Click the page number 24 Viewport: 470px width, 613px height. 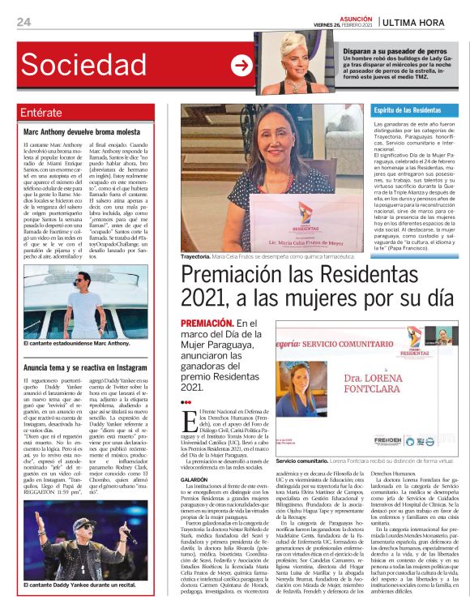(23, 22)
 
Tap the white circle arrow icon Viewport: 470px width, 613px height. (241, 65)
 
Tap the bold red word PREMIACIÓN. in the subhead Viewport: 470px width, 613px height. (210, 324)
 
